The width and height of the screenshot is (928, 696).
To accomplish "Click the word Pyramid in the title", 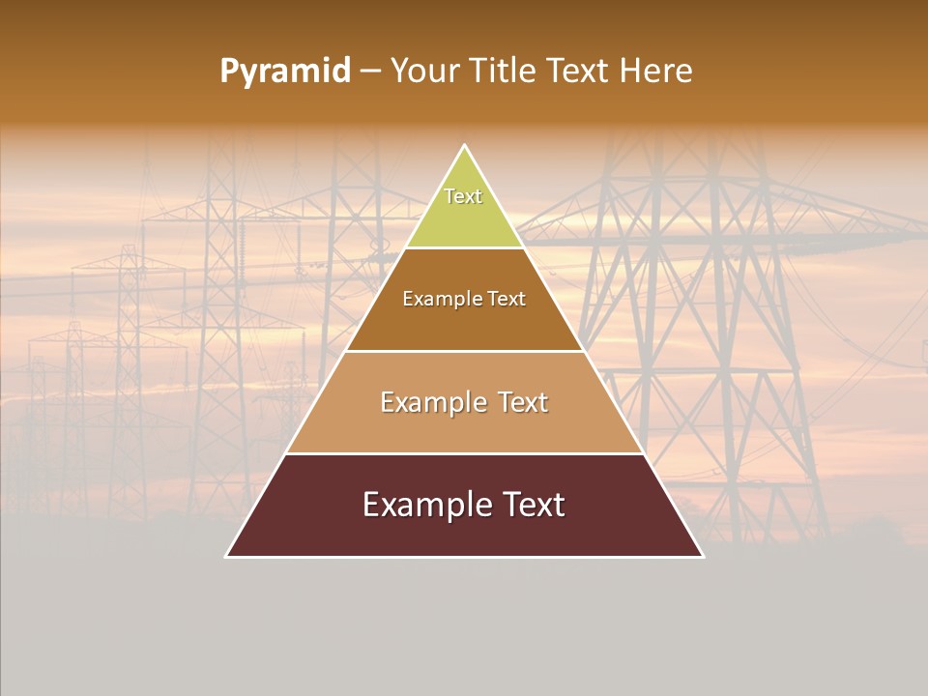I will click(x=285, y=72).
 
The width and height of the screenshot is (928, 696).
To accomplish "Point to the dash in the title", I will click(x=370, y=72).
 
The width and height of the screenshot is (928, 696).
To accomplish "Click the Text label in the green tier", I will click(x=463, y=196).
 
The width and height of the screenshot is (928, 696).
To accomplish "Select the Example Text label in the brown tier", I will click(x=464, y=299).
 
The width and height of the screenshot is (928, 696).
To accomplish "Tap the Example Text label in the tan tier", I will click(x=464, y=402).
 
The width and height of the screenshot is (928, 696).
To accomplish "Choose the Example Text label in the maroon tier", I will click(x=464, y=505).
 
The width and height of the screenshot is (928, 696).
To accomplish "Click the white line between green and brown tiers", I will click(x=465, y=248).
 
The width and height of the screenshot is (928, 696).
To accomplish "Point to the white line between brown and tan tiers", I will click(x=465, y=351).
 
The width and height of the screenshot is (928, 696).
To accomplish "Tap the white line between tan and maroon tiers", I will click(x=465, y=453).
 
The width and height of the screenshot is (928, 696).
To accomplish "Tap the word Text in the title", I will click(x=577, y=72).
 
